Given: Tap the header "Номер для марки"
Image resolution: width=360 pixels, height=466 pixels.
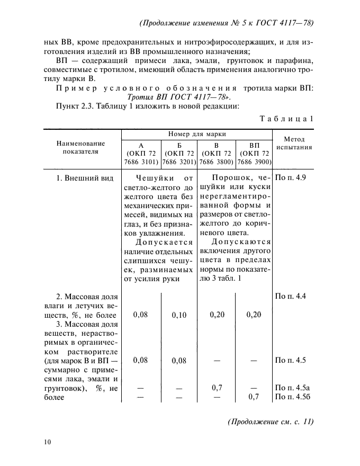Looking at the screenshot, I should (x=197, y=135).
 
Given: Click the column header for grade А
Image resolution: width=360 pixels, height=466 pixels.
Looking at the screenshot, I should (x=140, y=153).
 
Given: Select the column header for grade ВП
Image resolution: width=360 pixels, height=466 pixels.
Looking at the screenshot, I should (x=254, y=153).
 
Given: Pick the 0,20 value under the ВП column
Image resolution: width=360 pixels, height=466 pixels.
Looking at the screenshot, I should (x=254, y=315).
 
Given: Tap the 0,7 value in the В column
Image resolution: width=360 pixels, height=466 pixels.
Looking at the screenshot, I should (x=217, y=388).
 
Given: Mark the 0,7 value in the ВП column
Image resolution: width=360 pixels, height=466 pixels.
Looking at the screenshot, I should (x=254, y=397).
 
